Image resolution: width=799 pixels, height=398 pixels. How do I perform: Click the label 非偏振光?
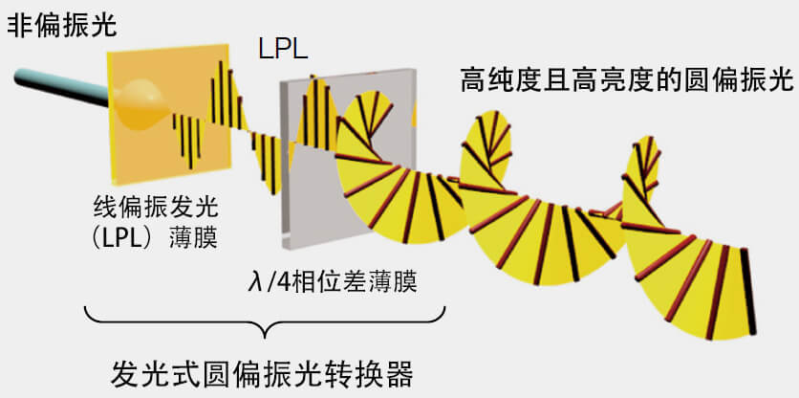[x=62, y=25]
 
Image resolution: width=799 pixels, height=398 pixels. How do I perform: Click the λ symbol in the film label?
[x=254, y=283]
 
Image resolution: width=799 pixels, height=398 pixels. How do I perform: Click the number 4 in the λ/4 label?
[x=277, y=283]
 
